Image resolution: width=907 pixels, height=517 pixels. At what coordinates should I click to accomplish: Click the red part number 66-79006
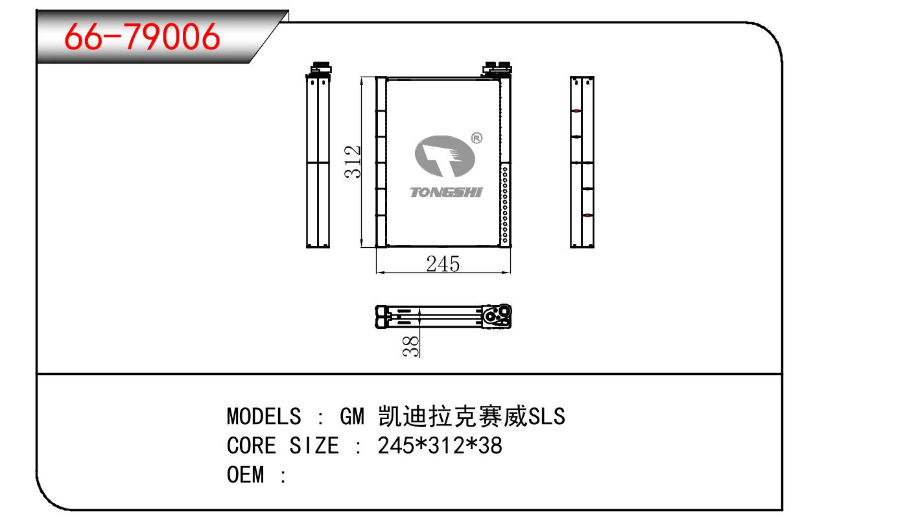point(142,36)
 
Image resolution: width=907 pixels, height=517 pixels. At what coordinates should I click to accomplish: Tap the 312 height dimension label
point(352,162)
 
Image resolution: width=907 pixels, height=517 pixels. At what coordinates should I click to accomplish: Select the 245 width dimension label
point(443,264)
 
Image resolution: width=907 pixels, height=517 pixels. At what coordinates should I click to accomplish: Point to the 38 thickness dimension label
point(410,346)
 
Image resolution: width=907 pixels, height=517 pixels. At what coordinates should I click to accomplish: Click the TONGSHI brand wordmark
point(446,192)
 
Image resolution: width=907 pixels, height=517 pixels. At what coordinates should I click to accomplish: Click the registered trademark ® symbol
point(477,138)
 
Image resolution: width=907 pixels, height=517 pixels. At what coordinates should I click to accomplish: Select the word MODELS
point(264,416)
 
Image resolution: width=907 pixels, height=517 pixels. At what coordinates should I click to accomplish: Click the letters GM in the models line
point(352,416)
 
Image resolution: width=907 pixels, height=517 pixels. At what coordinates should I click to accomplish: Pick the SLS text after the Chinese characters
point(547,416)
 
